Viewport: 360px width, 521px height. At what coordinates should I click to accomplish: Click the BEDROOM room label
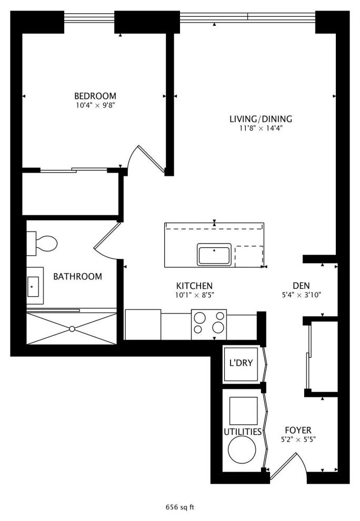tap(95, 96)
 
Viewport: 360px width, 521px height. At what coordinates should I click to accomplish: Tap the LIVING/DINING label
tap(261, 119)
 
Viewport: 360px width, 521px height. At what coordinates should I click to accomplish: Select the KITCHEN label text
tap(194, 286)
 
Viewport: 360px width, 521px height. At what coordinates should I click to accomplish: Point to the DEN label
tap(302, 286)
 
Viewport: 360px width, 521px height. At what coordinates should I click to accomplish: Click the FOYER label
tap(298, 430)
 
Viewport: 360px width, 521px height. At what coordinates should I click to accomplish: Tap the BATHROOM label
tap(78, 276)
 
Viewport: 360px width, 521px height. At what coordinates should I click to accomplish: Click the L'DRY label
tap(242, 363)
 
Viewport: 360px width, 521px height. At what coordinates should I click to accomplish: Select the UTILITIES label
tap(243, 432)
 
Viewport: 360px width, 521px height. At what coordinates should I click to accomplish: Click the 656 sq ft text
tap(180, 507)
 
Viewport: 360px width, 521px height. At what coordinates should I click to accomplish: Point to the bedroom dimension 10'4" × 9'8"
tap(95, 106)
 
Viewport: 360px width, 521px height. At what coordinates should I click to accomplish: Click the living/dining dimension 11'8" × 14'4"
tap(261, 128)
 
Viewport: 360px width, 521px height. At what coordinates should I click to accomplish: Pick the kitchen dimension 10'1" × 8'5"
tap(194, 295)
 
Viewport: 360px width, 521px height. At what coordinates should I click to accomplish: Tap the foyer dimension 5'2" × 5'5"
tap(298, 439)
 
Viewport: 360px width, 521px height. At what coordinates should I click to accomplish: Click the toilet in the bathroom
tap(42, 244)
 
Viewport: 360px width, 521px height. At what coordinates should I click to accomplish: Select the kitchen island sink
tap(214, 255)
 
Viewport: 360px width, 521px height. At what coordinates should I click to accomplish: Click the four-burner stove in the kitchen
tap(209, 324)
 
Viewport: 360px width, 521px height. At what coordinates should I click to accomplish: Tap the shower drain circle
tap(72, 329)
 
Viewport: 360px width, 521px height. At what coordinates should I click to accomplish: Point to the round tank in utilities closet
tap(242, 450)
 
